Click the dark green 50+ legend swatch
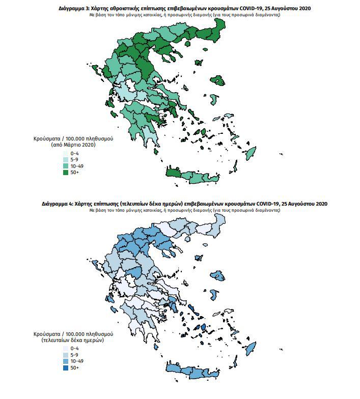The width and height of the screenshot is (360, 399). tap(66, 173)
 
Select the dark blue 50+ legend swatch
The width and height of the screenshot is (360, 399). tap(66, 367)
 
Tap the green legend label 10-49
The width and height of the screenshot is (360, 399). tap(76, 166)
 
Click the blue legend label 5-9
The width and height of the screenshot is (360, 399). tap(74, 354)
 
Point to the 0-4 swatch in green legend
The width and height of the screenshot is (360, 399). tap(66, 153)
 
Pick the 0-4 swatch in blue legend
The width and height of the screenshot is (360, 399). tap(66, 347)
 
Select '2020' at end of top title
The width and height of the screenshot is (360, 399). tap(302, 9)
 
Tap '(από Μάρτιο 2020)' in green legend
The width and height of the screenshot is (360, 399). tap(73, 145)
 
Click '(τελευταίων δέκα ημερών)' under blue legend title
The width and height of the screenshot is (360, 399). tap(73, 339)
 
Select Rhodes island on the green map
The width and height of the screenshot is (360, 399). tap(251, 153)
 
